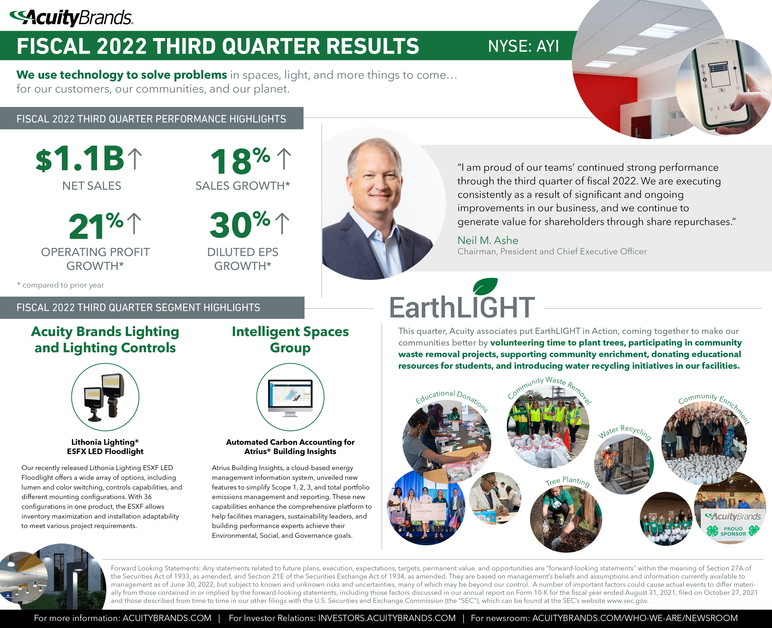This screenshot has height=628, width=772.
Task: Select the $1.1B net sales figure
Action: (80, 158)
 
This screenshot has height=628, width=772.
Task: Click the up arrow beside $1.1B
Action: (135, 158)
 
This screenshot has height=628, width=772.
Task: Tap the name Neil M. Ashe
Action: (488, 240)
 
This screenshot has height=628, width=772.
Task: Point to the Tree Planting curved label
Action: (567, 481)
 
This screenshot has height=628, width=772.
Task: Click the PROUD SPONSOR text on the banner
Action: (733, 531)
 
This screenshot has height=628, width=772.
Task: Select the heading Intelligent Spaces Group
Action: (290, 339)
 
